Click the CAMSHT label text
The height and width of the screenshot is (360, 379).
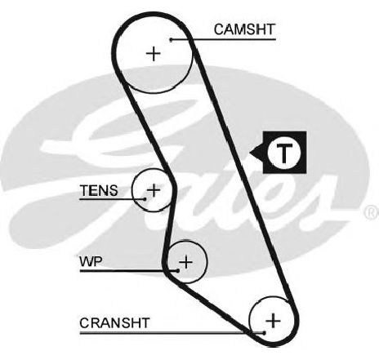click(244, 29)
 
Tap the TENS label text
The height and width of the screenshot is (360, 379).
click(99, 190)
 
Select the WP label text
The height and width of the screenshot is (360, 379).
click(91, 261)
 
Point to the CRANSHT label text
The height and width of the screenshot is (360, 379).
click(114, 323)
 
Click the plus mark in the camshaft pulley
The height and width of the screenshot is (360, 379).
click(154, 54)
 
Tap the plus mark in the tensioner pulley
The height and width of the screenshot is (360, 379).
click(154, 189)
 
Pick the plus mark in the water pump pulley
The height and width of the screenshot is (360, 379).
click(186, 262)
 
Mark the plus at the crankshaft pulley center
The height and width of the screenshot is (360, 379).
click(273, 320)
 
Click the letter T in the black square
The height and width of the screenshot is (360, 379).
click(284, 153)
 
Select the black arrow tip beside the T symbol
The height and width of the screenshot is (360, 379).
click(250, 153)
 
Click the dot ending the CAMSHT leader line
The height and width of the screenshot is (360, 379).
click(171, 40)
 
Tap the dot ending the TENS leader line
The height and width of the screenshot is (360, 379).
click(145, 199)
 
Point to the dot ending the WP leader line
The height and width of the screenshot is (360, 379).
click(178, 271)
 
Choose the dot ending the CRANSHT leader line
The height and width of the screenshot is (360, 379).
click(264, 332)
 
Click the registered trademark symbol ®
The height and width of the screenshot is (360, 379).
click(372, 212)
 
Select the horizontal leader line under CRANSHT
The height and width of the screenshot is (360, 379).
click(172, 332)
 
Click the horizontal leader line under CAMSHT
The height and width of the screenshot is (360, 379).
click(223, 40)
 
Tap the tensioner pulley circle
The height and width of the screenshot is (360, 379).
click(132, 189)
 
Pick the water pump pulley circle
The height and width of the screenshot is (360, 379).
click(207, 262)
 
